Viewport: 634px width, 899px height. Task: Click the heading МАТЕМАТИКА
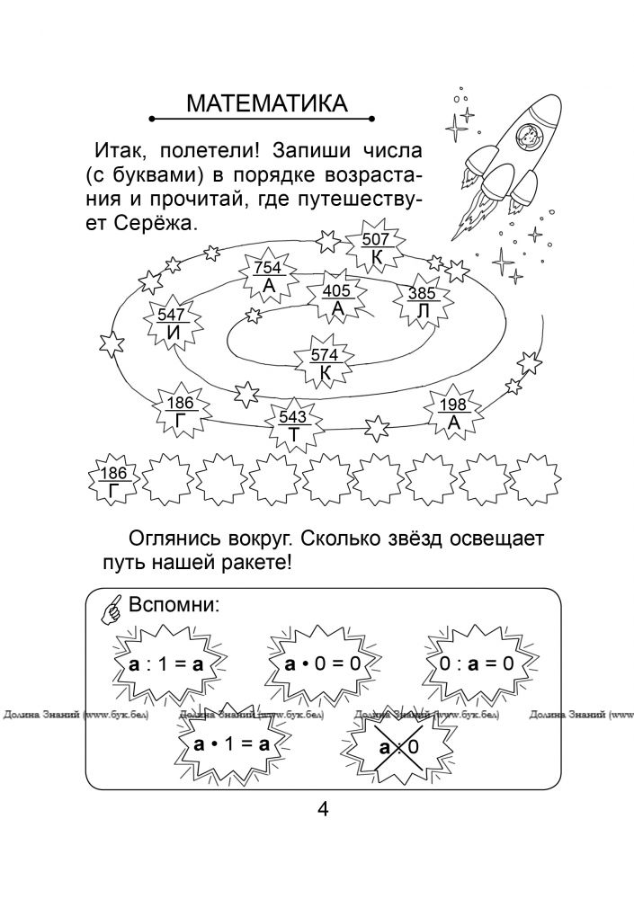tap(267, 103)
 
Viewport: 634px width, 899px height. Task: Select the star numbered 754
tap(269, 276)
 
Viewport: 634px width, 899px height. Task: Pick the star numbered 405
tap(336, 298)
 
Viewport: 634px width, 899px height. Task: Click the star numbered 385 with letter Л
tap(422, 301)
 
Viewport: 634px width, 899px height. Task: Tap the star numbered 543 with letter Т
tap(292, 425)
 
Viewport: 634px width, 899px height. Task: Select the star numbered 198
tap(453, 413)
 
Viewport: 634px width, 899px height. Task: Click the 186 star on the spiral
tap(181, 411)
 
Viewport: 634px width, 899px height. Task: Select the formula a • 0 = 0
tap(323, 664)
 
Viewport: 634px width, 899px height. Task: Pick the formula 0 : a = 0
tap(477, 664)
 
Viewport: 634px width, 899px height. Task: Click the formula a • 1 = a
tap(232, 744)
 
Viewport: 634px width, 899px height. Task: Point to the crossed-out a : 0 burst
tap(399, 746)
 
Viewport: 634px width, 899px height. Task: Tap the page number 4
tap(323, 810)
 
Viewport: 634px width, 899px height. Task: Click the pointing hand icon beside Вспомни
tap(112, 609)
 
